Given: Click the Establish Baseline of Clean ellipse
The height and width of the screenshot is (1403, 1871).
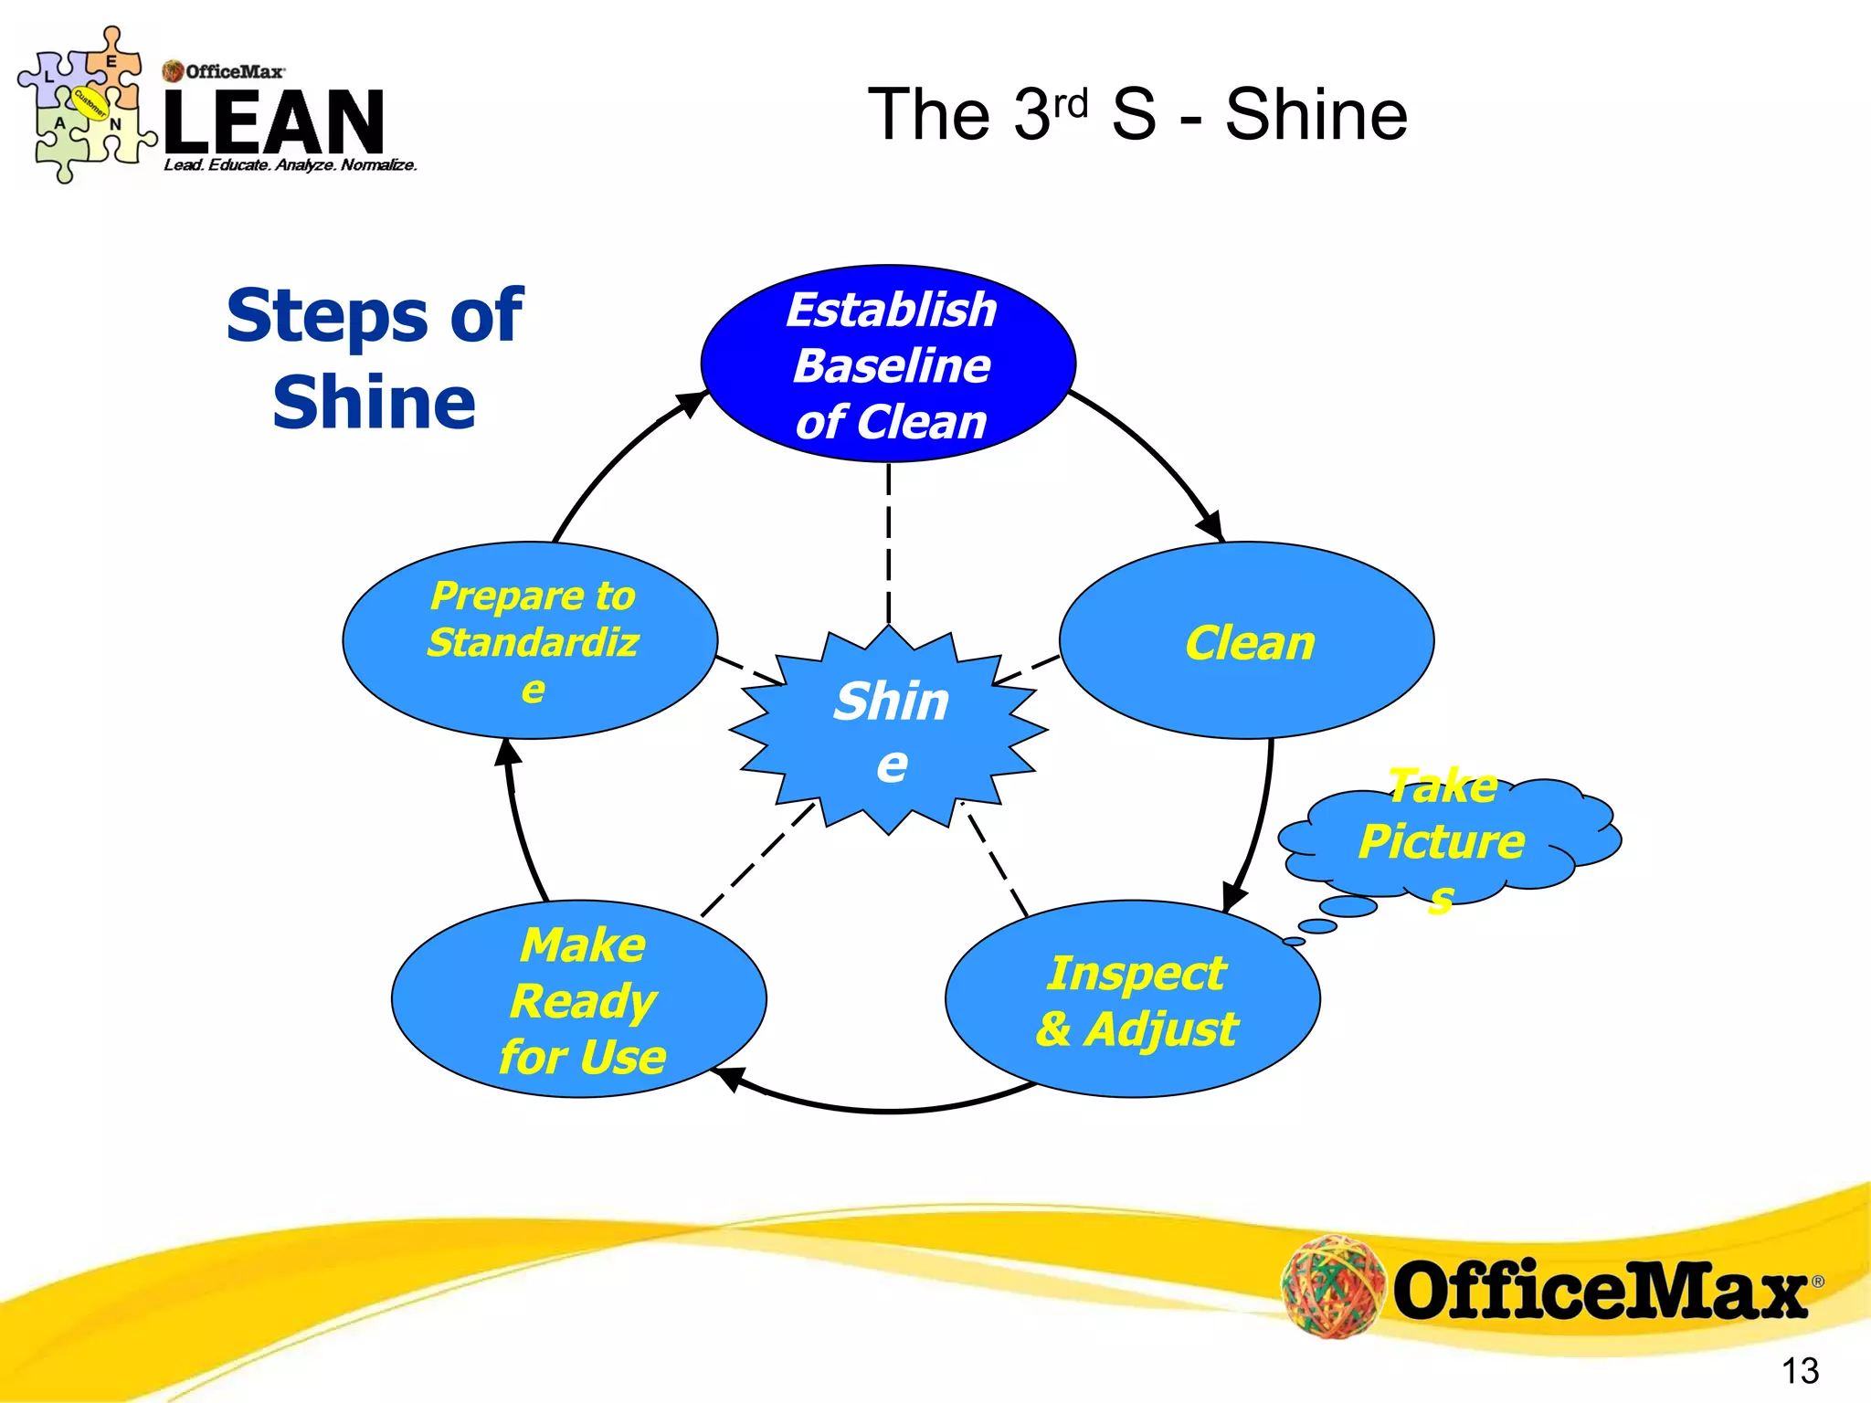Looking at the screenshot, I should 888,364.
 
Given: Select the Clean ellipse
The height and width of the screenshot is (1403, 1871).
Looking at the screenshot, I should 1247,640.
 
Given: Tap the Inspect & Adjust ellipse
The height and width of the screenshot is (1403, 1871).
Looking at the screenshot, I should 1133,999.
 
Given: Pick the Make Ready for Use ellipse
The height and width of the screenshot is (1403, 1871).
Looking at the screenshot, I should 579,999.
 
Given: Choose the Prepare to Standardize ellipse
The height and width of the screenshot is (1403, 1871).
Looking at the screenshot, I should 530,640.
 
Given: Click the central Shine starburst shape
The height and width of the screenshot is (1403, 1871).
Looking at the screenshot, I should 889,731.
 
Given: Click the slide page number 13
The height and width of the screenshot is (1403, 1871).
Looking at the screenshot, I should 1799,1370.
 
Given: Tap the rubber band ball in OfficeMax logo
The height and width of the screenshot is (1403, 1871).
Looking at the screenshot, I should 1332,1286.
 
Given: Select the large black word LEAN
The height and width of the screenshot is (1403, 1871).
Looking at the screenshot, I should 274,121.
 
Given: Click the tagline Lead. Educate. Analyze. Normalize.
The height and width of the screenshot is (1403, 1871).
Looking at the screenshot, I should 290,165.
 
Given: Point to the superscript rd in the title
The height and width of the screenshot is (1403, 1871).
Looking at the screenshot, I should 1070,103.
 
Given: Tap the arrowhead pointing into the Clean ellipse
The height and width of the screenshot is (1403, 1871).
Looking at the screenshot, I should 1211,526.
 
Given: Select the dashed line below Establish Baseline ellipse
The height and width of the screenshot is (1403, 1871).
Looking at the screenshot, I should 889,543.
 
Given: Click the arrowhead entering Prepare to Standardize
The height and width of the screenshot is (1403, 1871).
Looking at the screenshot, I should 508,754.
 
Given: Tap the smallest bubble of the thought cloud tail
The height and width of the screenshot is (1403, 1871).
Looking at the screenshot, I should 1294,941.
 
